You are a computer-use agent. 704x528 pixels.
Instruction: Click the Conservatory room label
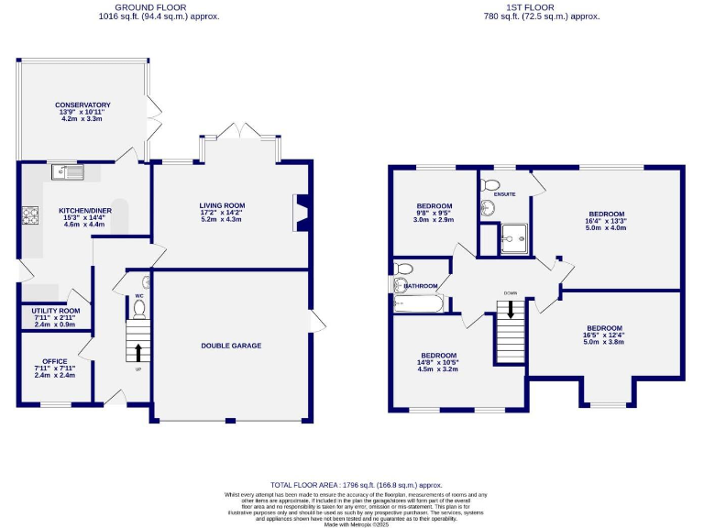[82, 105]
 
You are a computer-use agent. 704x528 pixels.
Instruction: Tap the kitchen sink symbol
[69, 170]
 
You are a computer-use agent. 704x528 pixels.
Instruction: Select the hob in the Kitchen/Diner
[29, 215]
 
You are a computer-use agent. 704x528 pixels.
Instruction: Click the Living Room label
[223, 205]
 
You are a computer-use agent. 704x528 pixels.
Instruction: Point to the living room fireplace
[298, 211]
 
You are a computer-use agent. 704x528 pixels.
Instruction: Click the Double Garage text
[231, 346]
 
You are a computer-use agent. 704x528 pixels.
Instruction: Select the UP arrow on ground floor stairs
[138, 351]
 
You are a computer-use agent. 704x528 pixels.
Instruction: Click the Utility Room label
[56, 311]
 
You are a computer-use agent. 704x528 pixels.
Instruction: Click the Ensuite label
[504, 194]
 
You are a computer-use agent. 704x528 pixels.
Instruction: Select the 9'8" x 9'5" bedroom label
[434, 205]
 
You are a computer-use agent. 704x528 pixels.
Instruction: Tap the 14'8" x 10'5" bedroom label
[439, 355]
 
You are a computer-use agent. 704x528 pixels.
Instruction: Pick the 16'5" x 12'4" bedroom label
[604, 328]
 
